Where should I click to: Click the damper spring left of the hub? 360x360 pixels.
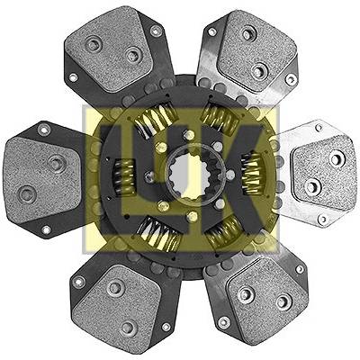click(x=123, y=177)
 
